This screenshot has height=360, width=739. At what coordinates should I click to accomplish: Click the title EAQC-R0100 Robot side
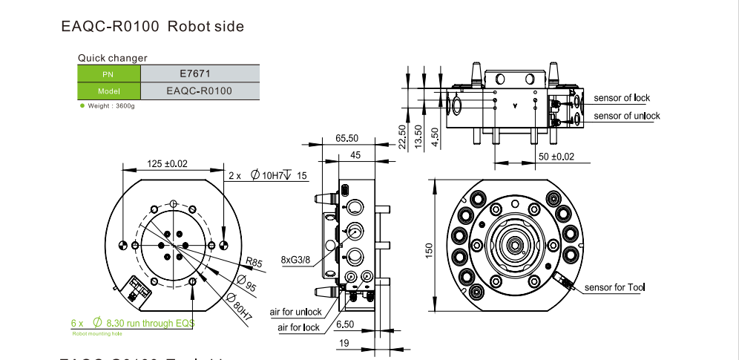[x=152, y=27]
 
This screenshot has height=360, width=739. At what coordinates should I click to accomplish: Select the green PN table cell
[x=108, y=73]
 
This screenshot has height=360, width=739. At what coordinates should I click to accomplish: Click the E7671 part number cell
[x=200, y=73]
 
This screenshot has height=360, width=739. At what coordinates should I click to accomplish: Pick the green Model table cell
[x=108, y=91]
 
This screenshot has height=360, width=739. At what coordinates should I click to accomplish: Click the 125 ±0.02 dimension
[x=167, y=163]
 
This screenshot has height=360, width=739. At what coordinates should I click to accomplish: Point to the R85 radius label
[x=254, y=261]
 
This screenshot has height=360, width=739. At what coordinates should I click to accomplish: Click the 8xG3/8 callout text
[x=297, y=260]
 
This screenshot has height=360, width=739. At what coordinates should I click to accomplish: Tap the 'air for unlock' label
[x=295, y=312]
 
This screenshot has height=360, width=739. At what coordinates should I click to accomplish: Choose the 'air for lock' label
[x=299, y=327]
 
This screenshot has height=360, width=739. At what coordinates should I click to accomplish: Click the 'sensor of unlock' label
[x=627, y=116]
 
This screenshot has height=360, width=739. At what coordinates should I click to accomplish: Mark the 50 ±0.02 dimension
[x=556, y=157]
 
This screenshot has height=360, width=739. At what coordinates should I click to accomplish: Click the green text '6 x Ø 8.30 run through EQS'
[x=133, y=324]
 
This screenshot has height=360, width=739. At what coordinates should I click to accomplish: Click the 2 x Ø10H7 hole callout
[x=268, y=176]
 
